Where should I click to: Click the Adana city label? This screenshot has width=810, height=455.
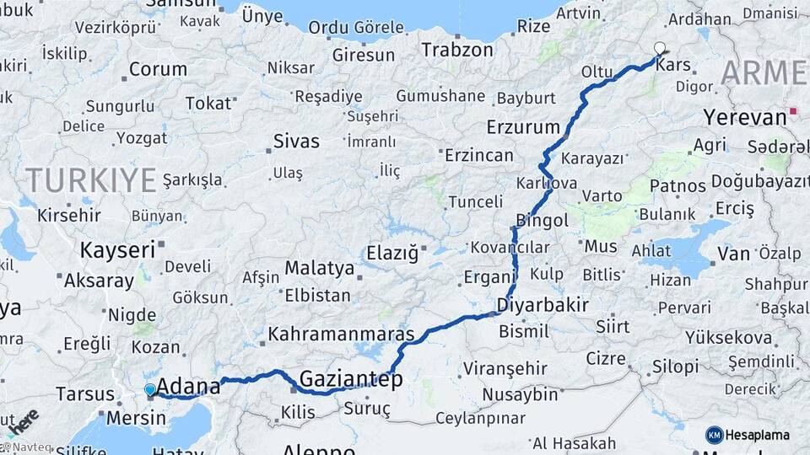(x=188, y=387)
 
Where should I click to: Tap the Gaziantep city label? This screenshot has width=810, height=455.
(x=351, y=378)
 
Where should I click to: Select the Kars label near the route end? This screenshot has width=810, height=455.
(x=672, y=65)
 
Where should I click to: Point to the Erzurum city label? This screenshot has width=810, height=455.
(x=523, y=128)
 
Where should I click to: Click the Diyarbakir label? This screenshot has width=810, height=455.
(x=543, y=304)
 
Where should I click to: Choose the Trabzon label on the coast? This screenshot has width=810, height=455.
(x=456, y=50)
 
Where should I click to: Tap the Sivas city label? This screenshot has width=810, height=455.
(x=296, y=141)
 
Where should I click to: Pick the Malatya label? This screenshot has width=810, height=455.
(x=319, y=268)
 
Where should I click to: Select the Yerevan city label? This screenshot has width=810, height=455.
(x=745, y=117)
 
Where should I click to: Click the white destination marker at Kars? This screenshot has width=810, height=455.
(x=660, y=48)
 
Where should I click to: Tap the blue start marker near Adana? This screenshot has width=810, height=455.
(x=150, y=389)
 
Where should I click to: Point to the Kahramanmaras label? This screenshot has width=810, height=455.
(x=341, y=334)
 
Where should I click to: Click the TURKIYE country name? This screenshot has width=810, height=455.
(x=91, y=179)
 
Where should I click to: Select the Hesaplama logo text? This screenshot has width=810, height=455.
(x=758, y=435)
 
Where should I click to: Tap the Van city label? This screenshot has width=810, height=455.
(x=733, y=253)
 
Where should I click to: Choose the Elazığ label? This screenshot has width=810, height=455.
(x=391, y=252)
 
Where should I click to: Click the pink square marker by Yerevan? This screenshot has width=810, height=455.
(x=793, y=110)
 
